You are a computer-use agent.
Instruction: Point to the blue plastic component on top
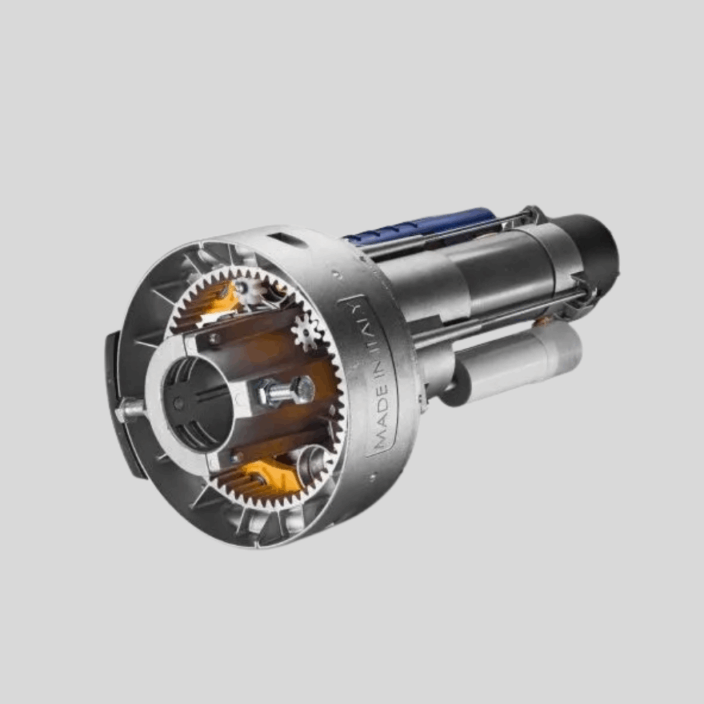point(419,226)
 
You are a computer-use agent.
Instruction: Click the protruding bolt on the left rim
point(130,410)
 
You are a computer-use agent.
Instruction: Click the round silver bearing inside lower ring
point(313,463)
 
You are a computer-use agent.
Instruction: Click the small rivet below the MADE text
point(372,476)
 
